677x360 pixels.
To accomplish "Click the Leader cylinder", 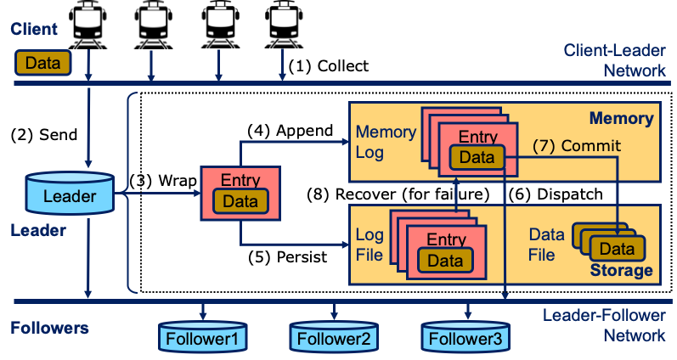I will click(x=70, y=195).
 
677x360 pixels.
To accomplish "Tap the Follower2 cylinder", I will click(x=335, y=338).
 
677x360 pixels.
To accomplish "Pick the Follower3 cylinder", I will click(x=465, y=338).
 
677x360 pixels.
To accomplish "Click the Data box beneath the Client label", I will click(x=42, y=62).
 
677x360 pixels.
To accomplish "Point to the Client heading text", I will click(x=34, y=29).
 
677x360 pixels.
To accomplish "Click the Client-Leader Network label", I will click(x=615, y=59).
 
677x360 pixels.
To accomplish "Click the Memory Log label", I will click(x=386, y=142).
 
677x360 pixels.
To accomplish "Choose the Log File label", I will click(x=370, y=245).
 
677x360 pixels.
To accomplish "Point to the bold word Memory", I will click(x=622, y=119).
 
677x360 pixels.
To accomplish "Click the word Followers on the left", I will click(x=49, y=327).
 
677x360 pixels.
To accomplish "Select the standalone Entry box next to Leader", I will click(x=240, y=192).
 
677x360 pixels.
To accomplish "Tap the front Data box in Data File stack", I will click(x=617, y=249).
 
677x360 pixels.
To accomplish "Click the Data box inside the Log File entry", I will click(x=445, y=260).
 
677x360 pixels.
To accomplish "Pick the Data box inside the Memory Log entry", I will click(x=477, y=157).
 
